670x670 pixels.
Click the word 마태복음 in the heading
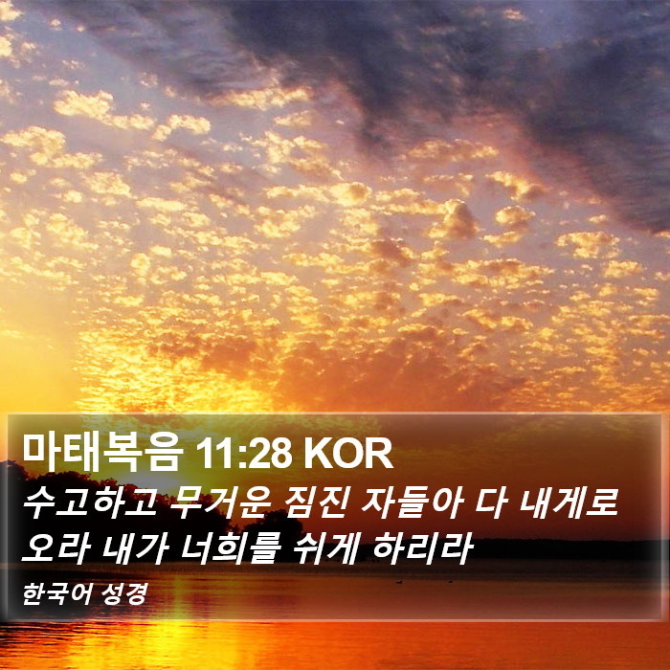pyautogui.click(x=103, y=453)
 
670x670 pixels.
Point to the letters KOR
pyautogui.click(x=347, y=454)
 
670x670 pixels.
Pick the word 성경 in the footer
pyautogui.click(x=124, y=593)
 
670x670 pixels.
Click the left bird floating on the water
pyautogui.click(x=399, y=582)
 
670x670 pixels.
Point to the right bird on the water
pyautogui.click(x=450, y=581)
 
